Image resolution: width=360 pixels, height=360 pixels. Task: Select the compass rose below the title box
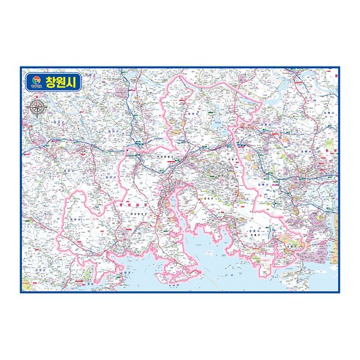pos(37,108)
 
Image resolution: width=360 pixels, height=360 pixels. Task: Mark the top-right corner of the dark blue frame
pos(340,68)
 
